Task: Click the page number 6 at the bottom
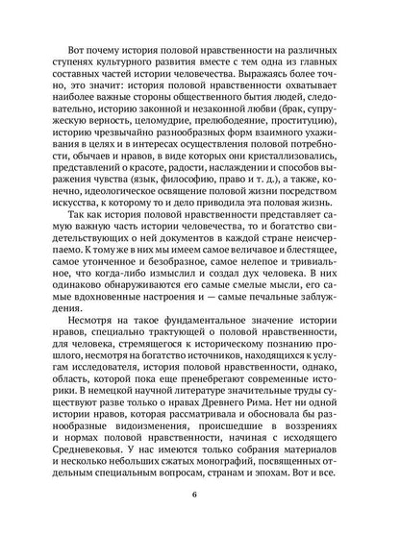tap(199, 496)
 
